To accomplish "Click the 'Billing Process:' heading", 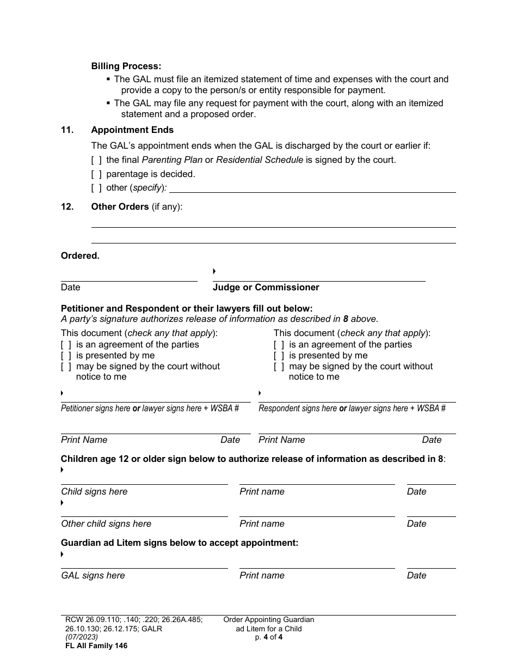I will point(126,66).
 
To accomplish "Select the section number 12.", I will point(67,207).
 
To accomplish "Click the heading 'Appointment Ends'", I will point(132,130).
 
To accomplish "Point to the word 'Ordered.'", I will point(80,256).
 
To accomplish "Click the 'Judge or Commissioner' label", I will point(266,288).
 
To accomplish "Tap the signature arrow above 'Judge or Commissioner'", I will point(214,271).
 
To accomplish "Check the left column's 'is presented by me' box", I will point(66,356).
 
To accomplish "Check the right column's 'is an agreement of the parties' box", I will point(279,345).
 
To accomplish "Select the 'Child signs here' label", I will point(94,492).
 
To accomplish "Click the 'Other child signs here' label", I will point(106,524).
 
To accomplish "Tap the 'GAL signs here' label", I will point(93,576).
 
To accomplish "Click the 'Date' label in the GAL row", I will point(416,576).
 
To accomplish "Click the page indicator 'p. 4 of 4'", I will point(268,637).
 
